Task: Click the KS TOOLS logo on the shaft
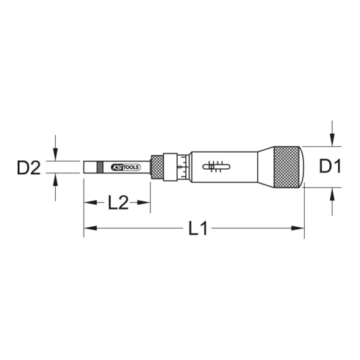[x=127, y=168]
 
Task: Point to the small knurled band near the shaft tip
[x=101, y=168]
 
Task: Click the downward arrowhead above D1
[x=334, y=143]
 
